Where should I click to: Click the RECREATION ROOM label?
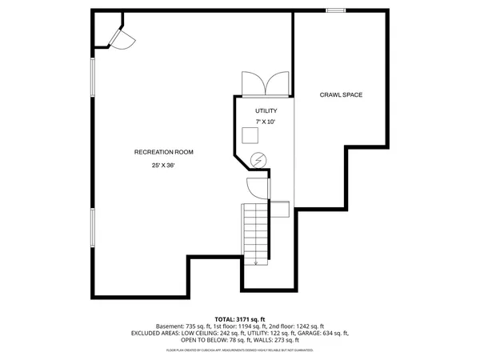pyautogui.click(x=163, y=151)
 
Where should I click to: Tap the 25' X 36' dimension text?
pyautogui.click(x=163, y=166)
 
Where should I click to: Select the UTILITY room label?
pyautogui.click(x=266, y=110)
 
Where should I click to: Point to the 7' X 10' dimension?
pyautogui.click(x=266, y=122)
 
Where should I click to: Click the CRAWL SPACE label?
pyautogui.click(x=342, y=94)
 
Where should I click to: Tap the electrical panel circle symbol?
pyautogui.click(x=258, y=159)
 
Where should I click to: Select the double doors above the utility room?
pyautogui.click(x=264, y=83)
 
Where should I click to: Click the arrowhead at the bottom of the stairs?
pyautogui.click(x=256, y=262)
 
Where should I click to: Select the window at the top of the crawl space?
pyautogui.click(x=336, y=10)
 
